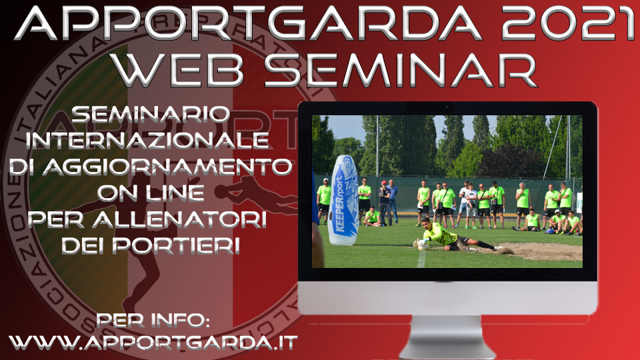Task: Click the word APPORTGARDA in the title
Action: (248, 24)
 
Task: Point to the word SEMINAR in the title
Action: (400, 69)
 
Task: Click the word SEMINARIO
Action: (151, 114)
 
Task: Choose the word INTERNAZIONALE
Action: (147, 141)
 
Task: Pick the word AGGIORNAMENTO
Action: (167, 167)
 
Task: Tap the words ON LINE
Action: (151, 193)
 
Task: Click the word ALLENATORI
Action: (179, 219)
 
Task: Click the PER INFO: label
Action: (153, 320)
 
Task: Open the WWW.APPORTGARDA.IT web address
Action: (153, 342)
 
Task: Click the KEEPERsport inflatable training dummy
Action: (344, 200)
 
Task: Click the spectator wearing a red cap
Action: (384, 203)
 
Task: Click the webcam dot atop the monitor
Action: (447, 108)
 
